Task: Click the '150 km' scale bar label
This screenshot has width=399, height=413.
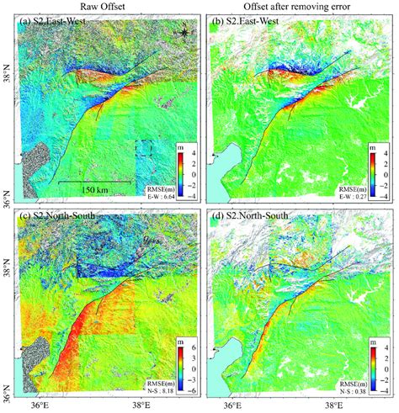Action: [93, 190]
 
